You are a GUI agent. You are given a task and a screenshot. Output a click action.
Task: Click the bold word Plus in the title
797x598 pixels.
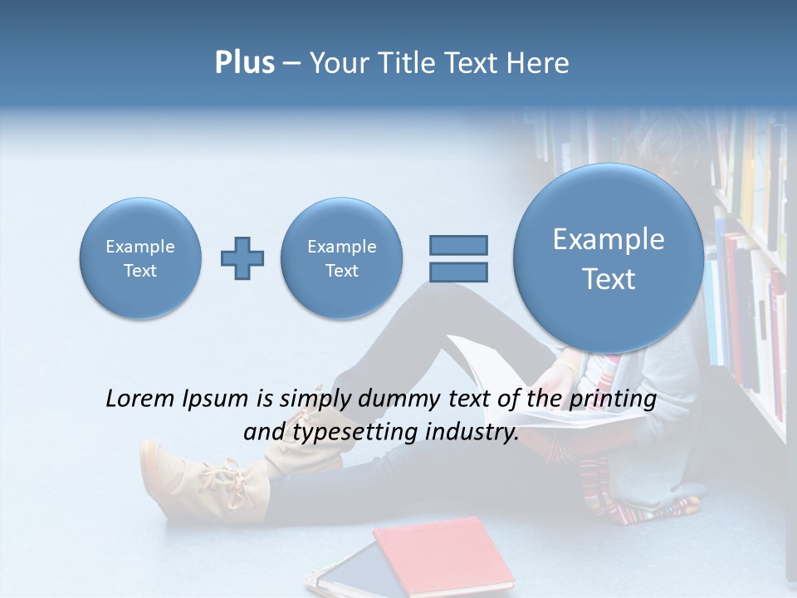244,63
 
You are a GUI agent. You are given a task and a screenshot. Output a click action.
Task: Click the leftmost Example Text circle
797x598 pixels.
139,258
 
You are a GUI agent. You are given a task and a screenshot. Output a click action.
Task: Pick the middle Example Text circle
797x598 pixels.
341,258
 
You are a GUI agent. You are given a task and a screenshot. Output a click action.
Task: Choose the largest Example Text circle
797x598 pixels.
609,258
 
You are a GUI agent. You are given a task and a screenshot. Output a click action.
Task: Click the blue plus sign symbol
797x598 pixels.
242,258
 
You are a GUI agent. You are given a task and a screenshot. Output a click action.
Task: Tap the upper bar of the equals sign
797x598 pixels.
458,245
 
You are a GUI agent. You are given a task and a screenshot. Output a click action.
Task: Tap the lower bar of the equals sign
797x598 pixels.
458,272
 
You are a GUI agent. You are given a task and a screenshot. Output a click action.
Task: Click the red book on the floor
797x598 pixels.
444,552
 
